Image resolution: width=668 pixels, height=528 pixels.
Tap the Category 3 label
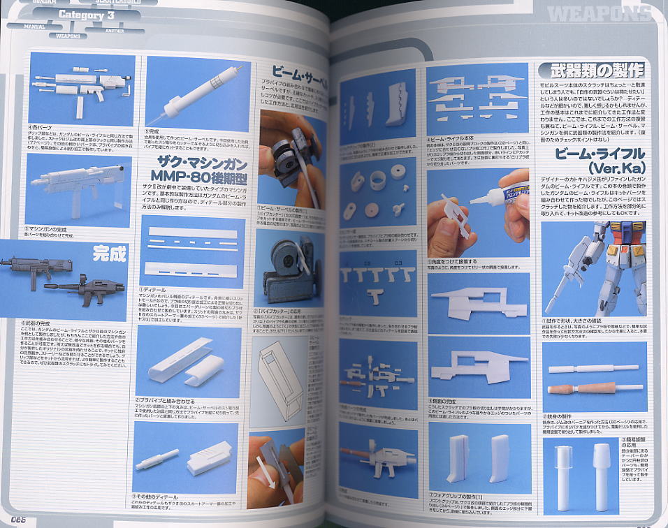click(83, 15)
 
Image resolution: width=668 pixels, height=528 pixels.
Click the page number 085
click(17, 518)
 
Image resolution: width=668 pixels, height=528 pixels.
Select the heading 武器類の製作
click(590, 71)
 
